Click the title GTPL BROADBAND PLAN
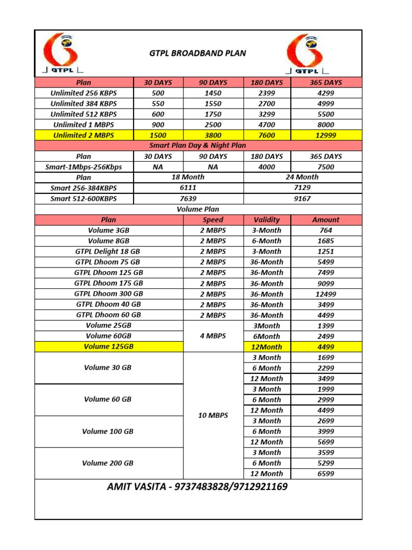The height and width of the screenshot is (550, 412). click(197, 53)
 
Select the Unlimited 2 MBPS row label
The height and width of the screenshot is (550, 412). click(84, 135)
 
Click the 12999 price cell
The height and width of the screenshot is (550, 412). click(326, 135)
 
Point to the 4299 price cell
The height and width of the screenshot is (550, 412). click(326, 93)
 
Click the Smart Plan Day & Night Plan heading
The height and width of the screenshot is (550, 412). click(197, 146)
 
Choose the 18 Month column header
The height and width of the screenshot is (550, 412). click(188, 177)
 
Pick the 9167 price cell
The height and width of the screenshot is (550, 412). click(303, 198)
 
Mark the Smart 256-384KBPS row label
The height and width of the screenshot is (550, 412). click(84, 188)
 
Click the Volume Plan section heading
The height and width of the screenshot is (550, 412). click(197, 209)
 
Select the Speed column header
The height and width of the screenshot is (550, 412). click(213, 220)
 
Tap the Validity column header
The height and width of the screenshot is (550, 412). click(267, 220)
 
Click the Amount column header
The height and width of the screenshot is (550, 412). click(326, 220)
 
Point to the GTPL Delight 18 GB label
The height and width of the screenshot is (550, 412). click(108, 251)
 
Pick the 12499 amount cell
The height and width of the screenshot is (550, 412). click(326, 294)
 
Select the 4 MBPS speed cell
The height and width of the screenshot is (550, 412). click(213, 336)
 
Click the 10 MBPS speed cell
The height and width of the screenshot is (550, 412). click(213, 415)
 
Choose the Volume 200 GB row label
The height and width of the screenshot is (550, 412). click(108, 463)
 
